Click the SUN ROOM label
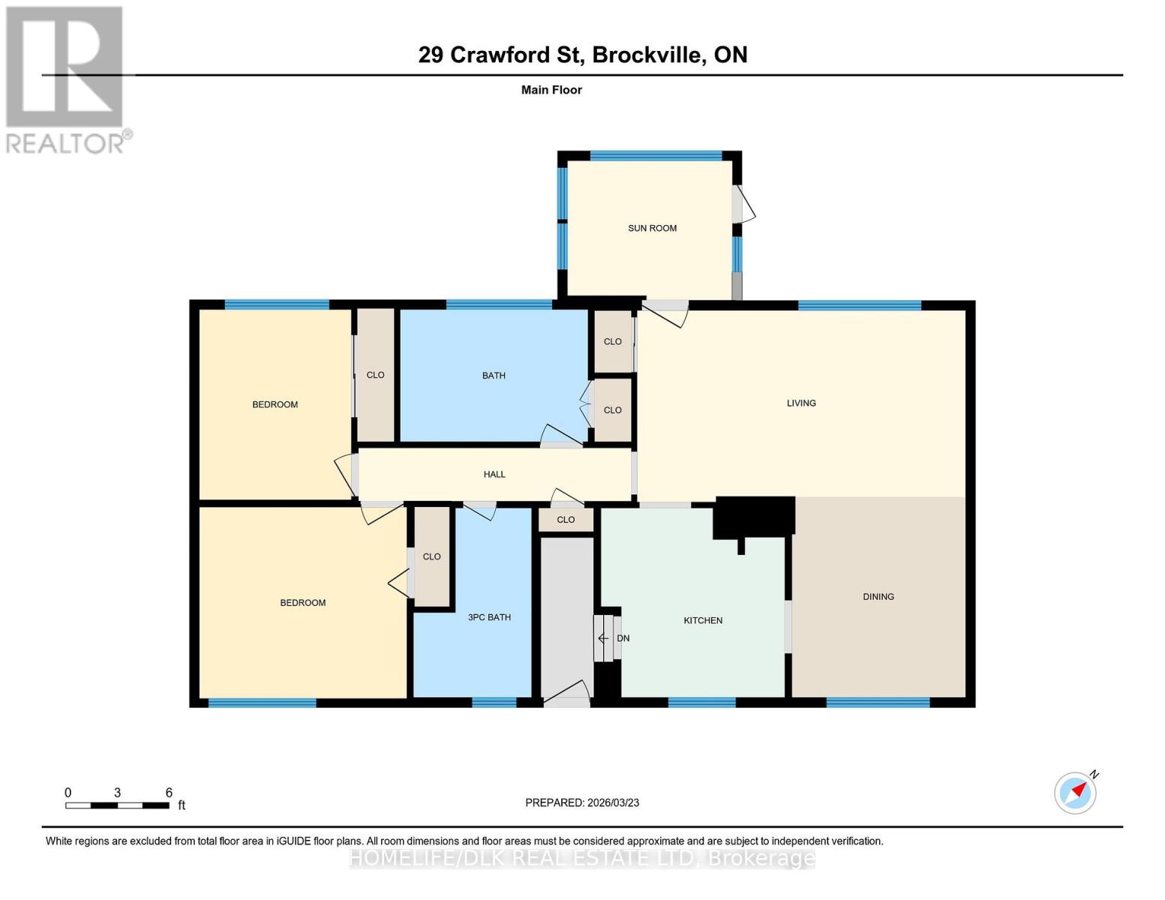coord(652,228)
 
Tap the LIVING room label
coord(800,403)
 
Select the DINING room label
coord(878,597)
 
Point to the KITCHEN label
coord(703,620)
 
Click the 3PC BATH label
coord(489,617)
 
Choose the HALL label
coord(494,474)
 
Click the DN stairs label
coord(623,638)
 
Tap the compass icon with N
coord(1075,792)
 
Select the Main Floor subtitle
coord(551,90)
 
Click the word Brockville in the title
coord(649,55)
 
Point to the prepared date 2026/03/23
coord(611,802)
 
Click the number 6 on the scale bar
coord(169,793)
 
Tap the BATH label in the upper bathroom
coord(494,376)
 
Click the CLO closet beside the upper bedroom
coord(375,375)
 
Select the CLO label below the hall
coord(566,520)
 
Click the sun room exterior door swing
coord(746,204)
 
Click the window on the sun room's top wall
coord(656,156)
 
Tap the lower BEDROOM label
coord(302,603)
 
